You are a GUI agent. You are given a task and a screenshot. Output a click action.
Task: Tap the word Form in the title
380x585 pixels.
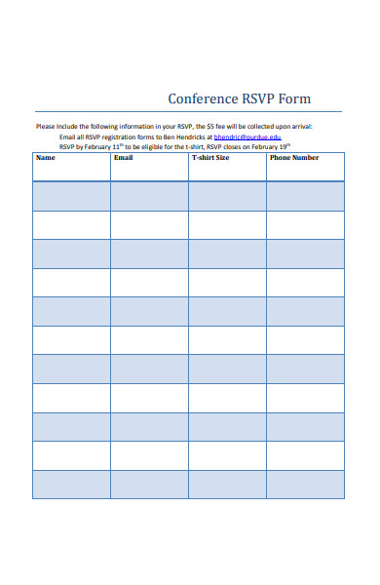pos(295,99)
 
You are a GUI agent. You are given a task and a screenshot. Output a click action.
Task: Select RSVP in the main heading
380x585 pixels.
pos(258,99)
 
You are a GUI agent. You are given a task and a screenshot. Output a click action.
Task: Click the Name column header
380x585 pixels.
pos(46,158)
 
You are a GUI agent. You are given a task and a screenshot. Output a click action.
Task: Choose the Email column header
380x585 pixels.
pos(124,158)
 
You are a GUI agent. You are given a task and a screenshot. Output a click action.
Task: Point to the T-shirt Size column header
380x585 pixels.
pos(210,158)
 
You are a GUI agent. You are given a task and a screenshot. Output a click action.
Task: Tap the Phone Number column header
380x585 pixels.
pos(294,158)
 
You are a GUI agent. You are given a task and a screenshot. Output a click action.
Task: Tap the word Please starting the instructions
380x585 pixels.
pos(46,127)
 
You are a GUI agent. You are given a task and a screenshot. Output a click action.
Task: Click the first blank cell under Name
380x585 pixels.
pos(71,196)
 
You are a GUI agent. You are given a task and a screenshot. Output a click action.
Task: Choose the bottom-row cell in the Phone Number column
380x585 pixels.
pos(305,485)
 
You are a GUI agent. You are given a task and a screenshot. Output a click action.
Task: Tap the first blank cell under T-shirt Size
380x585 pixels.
pos(227,196)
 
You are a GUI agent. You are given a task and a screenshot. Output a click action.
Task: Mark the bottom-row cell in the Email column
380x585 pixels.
pos(149,485)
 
